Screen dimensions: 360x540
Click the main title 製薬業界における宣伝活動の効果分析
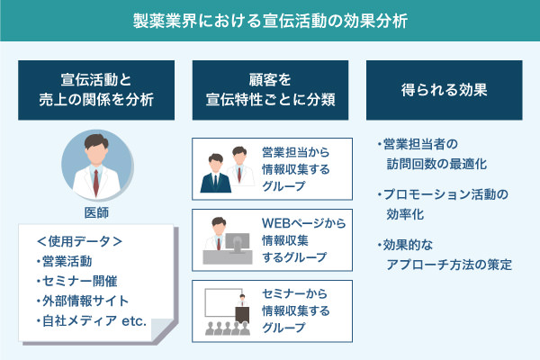click(269, 21)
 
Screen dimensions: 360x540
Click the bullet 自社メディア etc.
click(94, 320)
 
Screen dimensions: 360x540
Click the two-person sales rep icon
click(223, 168)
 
